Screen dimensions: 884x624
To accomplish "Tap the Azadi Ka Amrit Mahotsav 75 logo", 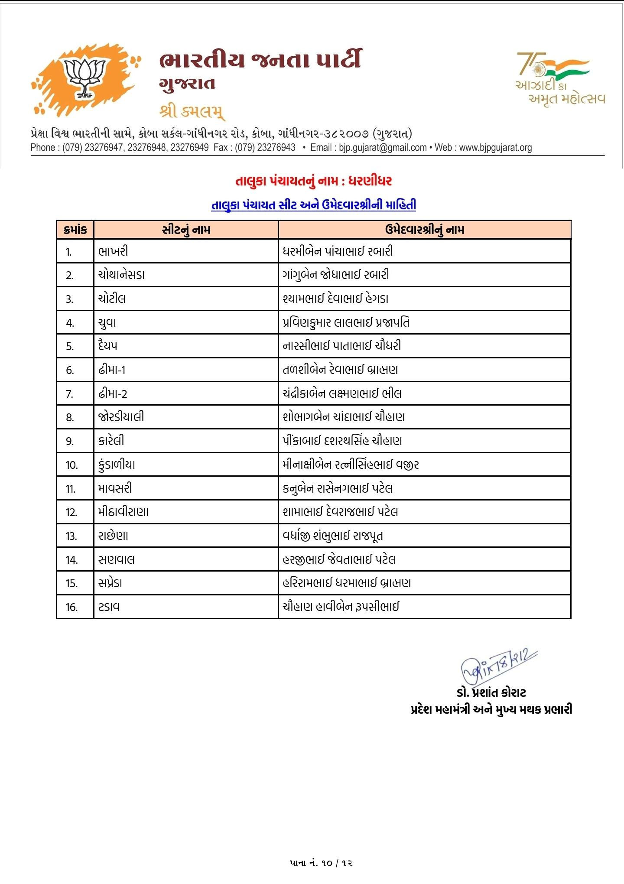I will (x=559, y=78).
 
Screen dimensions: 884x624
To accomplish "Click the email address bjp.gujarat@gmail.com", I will (x=383, y=148).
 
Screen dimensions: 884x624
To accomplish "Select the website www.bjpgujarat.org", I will (x=495, y=148).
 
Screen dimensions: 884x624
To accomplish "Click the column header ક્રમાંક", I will (x=75, y=230).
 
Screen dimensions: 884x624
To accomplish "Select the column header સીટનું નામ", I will (x=186, y=230).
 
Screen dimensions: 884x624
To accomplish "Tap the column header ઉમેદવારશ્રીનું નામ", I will (x=424, y=230).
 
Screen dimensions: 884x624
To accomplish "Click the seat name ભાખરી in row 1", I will (x=113, y=251).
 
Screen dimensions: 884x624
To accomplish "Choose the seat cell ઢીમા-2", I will (x=113, y=394).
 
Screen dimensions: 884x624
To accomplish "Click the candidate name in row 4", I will (x=346, y=322).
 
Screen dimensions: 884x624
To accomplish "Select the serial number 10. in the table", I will (x=71, y=465).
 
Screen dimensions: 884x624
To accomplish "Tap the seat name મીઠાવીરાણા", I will (x=123, y=512).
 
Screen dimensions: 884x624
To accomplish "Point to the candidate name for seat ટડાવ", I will (x=341, y=607).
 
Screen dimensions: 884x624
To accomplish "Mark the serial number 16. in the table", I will (x=71, y=608).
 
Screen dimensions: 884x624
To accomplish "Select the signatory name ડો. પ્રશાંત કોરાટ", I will (x=491, y=692).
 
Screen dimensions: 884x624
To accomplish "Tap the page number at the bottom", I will (x=321, y=863).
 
